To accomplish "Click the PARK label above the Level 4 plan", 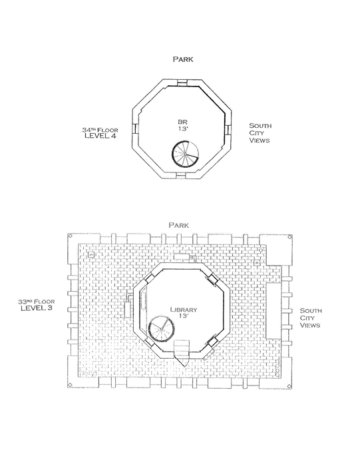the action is click(x=183, y=59).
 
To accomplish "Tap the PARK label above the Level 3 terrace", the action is click(x=178, y=225).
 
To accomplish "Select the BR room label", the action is click(x=183, y=122).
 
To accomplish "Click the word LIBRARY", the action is click(x=184, y=310).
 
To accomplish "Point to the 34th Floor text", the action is click(x=100, y=130).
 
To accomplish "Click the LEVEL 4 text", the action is click(x=100, y=136).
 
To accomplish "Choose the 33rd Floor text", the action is click(x=36, y=302).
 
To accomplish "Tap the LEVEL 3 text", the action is click(x=36, y=308).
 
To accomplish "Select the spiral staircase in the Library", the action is click(x=161, y=329).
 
